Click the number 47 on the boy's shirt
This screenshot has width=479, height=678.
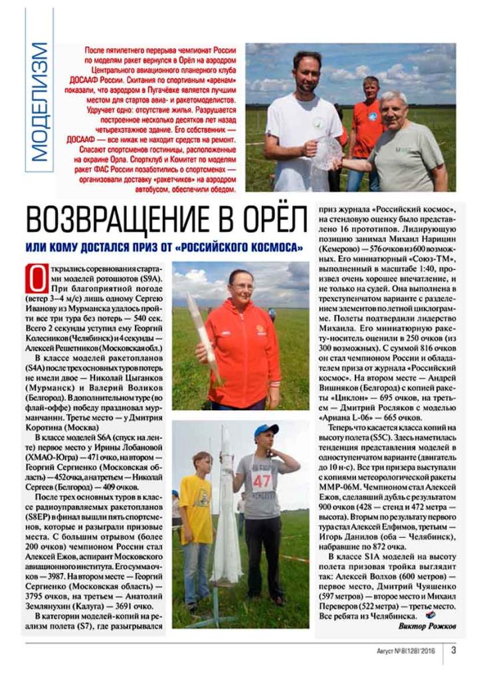(261, 479)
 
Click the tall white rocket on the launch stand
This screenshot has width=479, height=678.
(226, 505)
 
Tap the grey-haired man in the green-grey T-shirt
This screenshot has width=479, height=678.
(405, 146)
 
